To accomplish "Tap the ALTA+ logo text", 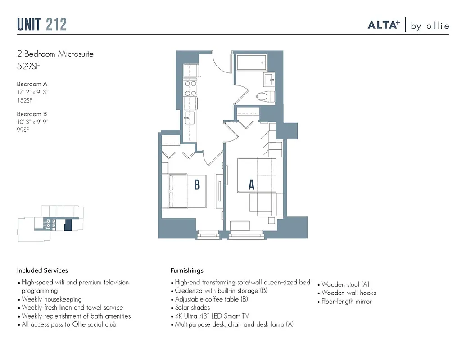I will point(384,25).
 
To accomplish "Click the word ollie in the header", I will point(436,26).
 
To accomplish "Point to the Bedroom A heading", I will point(32,84).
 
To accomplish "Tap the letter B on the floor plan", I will point(197,185).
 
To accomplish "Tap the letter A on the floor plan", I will point(252,185).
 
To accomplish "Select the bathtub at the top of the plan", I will point(252,63).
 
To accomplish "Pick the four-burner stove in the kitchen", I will point(190,88).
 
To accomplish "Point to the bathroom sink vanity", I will point(270,81).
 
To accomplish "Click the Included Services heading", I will point(42,270).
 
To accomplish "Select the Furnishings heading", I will point(186,270).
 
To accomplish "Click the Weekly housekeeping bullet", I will point(52,299).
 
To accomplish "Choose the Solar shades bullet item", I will point(192,308).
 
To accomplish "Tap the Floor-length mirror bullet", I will point(347,301).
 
